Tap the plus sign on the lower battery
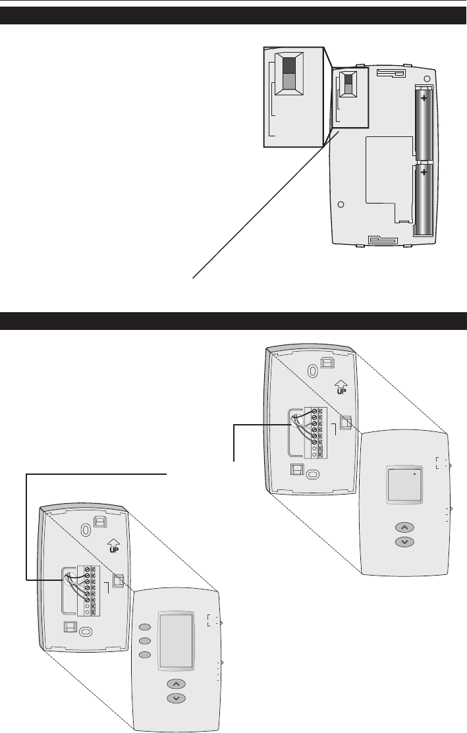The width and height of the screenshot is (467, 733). pos(424,173)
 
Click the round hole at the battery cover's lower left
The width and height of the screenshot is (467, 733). pos(341,204)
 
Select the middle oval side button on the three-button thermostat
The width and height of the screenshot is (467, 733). pos(146,641)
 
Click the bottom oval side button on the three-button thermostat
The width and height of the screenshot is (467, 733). pos(146,655)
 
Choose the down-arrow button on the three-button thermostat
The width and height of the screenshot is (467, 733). pos(176,697)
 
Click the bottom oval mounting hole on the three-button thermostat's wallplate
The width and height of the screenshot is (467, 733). pos(85,632)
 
